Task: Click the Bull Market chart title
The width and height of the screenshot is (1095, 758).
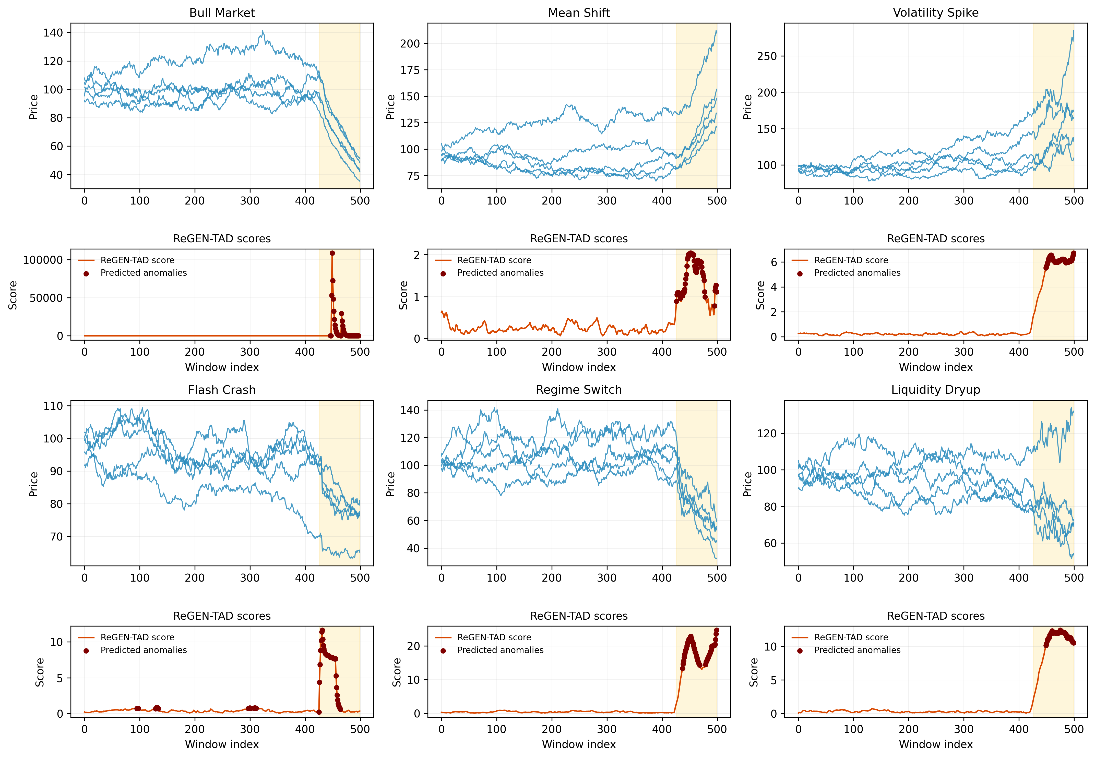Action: pyautogui.click(x=222, y=13)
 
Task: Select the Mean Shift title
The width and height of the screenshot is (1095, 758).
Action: pyautogui.click(x=579, y=13)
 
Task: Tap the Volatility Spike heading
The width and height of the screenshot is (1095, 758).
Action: pyautogui.click(x=935, y=13)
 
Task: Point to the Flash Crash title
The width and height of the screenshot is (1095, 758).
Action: pyautogui.click(x=222, y=390)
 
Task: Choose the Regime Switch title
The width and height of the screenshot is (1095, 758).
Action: pyautogui.click(x=579, y=390)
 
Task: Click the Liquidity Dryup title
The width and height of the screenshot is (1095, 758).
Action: pyautogui.click(x=935, y=390)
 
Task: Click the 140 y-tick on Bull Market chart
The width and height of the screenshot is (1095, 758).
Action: pyautogui.click(x=53, y=33)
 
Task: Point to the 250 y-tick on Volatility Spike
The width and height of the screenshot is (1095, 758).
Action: pyautogui.click(x=767, y=56)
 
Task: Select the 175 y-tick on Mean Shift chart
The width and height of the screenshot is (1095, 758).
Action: pyautogui.click(x=410, y=70)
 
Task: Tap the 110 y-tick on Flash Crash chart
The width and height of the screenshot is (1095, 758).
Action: pyautogui.click(x=53, y=406)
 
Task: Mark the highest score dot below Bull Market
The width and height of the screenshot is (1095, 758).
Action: pyautogui.click(x=332, y=253)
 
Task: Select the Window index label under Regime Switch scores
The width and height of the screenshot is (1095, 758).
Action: pyautogui.click(x=579, y=744)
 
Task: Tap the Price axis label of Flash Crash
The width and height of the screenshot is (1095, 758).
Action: pyautogui.click(x=33, y=484)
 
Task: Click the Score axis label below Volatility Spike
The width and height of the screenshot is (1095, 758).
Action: pyautogui.click(x=760, y=295)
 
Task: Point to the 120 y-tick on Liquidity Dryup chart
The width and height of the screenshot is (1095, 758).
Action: pyautogui.click(x=767, y=434)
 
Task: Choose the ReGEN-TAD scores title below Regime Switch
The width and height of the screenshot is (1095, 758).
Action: pyautogui.click(x=579, y=616)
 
